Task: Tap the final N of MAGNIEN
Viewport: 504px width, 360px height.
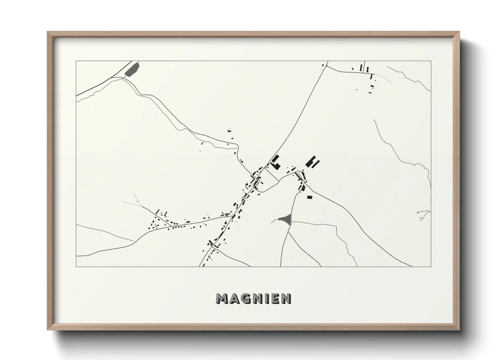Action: coord(286,298)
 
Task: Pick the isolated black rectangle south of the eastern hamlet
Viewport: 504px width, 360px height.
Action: coord(309,197)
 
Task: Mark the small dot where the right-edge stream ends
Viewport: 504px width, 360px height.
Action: coord(418,213)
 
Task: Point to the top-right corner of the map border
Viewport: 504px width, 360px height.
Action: coord(431,61)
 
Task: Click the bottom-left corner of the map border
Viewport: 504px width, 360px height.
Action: coord(76,266)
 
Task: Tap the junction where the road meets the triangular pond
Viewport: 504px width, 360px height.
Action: coord(289,222)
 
